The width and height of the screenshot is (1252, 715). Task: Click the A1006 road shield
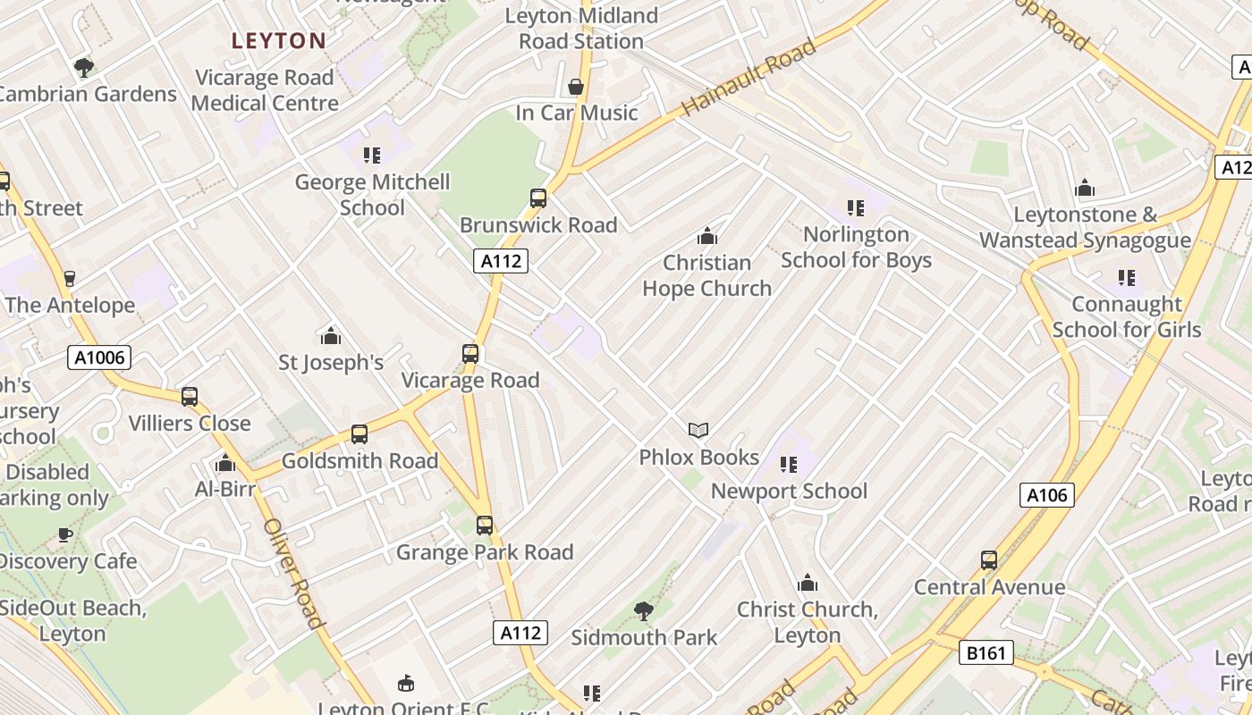click(99, 358)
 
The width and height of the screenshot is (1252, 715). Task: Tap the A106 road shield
click(1046, 494)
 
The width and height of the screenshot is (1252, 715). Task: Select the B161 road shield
click(986, 653)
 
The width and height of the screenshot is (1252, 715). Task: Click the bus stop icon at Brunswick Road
click(538, 198)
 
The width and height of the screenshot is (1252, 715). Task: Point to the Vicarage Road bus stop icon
click(470, 354)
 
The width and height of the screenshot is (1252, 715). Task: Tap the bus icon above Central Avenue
click(988, 560)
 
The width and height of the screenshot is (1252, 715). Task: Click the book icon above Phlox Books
click(698, 431)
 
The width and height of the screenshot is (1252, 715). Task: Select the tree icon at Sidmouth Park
click(643, 611)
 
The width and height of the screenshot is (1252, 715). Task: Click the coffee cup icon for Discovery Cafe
click(65, 534)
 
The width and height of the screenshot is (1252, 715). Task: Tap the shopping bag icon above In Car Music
click(577, 87)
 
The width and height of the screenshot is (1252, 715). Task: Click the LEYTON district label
click(279, 40)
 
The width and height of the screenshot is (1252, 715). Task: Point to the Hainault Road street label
click(749, 77)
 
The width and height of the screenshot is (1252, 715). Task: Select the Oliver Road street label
click(292, 572)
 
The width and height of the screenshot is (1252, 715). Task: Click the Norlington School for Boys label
click(856, 248)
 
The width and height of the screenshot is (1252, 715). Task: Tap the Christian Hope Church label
click(706, 275)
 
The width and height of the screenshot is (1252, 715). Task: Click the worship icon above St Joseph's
click(331, 336)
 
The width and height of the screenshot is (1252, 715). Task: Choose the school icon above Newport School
click(788, 464)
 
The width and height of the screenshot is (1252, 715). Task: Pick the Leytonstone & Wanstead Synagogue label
click(1085, 228)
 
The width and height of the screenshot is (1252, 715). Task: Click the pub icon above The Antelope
click(70, 278)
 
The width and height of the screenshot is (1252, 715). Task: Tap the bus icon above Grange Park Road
click(485, 526)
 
